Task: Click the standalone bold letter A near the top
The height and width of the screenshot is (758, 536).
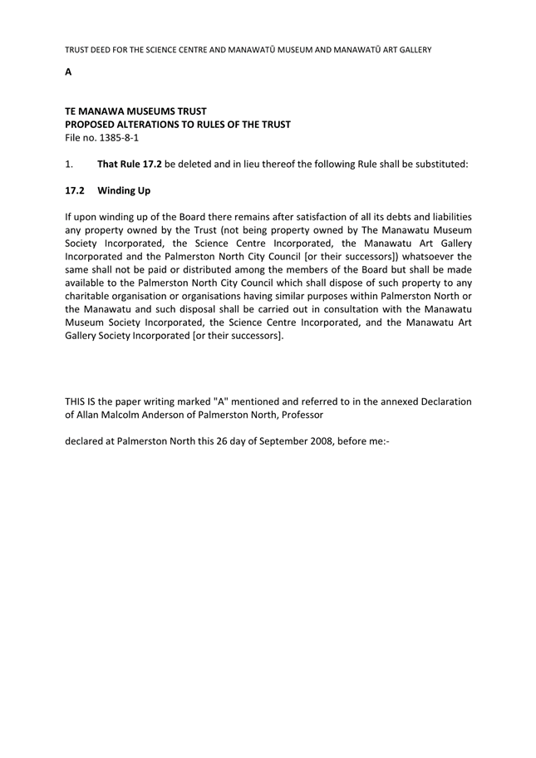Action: coord(68,72)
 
